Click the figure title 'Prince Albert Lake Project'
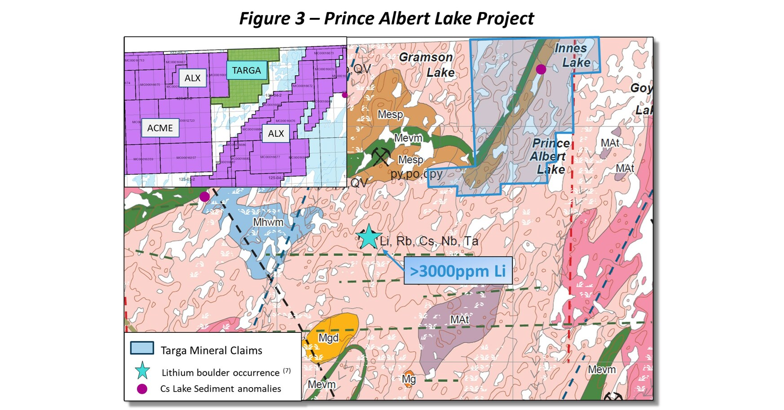[x=386, y=18]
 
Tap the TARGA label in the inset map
[x=247, y=70]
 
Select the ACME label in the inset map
[x=160, y=128]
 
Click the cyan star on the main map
[x=368, y=237]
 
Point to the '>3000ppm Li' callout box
[x=458, y=271]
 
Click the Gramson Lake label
[x=426, y=65]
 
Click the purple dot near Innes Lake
[x=541, y=69]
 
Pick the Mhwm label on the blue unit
[x=268, y=222]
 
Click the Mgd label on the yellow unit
[x=328, y=338]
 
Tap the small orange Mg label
[x=409, y=379]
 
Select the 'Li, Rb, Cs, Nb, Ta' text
[x=428, y=241]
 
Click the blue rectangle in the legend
[x=142, y=348]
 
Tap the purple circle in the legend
[x=142, y=389]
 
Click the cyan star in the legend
[x=142, y=371]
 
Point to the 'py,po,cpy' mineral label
[x=416, y=174]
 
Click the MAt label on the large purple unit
[x=459, y=320]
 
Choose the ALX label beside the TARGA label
[x=193, y=78]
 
